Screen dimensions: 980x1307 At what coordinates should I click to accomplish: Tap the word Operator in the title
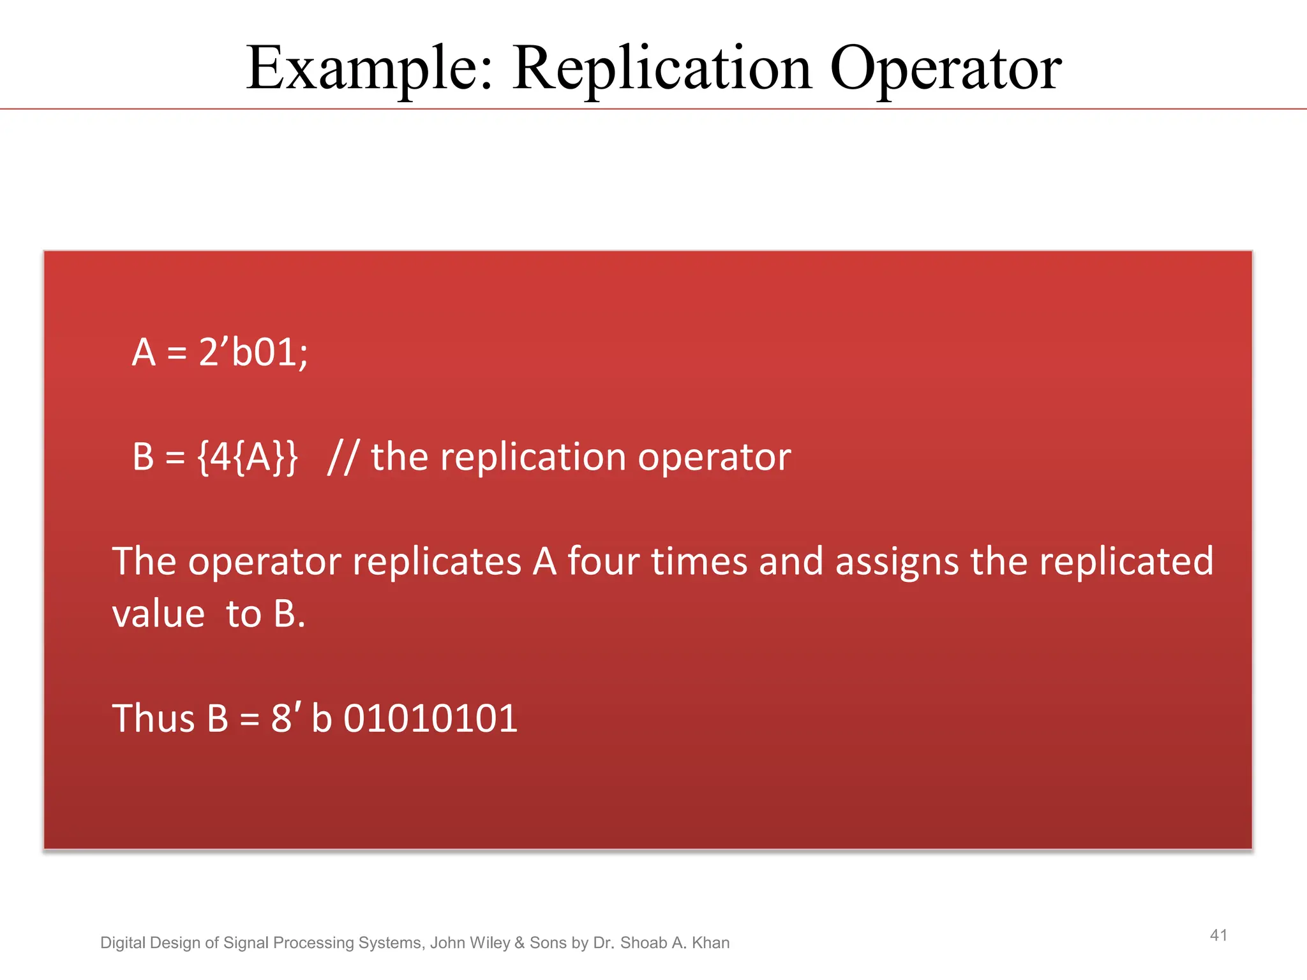[945, 69]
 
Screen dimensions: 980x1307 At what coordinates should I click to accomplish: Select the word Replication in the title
[662, 69]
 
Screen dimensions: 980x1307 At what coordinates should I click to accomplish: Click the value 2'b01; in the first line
[253, 352]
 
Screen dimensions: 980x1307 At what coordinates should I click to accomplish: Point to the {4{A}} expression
[247, 457]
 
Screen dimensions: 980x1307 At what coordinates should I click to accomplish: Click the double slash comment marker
[341, 457]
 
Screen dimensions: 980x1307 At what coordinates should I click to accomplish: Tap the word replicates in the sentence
[437, 561]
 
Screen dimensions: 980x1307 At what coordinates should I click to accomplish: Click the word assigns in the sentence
[897, 561]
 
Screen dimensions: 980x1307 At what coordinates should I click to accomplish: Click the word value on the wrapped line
[158, 614]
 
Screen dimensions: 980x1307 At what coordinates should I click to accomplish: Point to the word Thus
[153, 718]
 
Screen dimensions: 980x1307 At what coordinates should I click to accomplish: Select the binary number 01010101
[430, 718]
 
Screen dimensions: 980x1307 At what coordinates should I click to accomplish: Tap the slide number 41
[1218, 935]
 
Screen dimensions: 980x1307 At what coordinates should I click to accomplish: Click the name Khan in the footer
[710, 943]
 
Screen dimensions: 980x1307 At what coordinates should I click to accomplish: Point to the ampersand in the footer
[519, 943]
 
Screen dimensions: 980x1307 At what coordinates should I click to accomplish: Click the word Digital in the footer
[123, 943]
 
